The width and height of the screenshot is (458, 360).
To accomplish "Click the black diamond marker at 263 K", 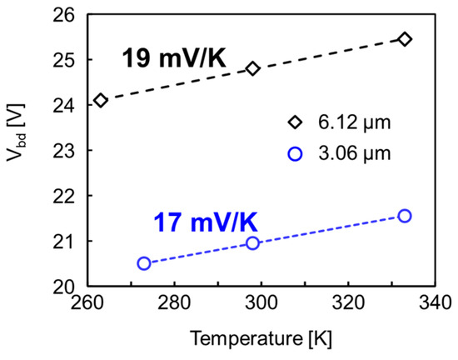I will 101,100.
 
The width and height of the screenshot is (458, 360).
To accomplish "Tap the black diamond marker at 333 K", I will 405,39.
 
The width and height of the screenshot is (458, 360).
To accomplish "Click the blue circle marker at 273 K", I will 144,263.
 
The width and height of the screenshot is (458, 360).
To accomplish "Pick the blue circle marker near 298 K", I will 253,242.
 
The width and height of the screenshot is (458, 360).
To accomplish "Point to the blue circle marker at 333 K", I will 405,216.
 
